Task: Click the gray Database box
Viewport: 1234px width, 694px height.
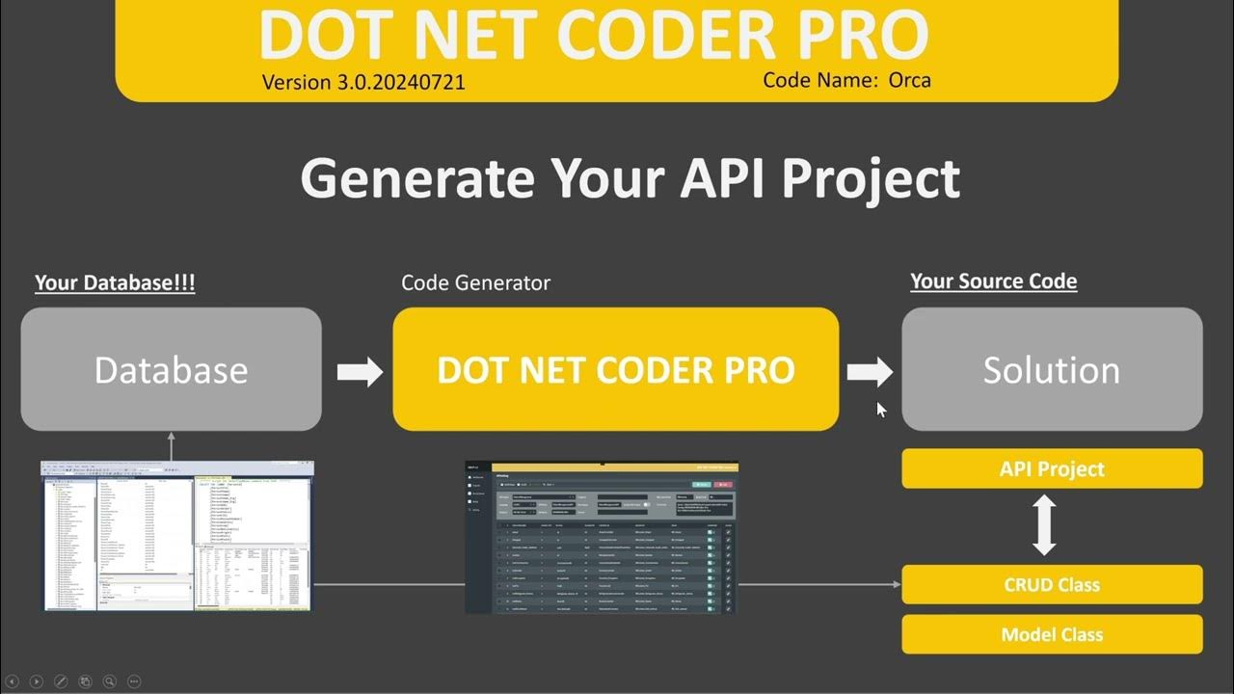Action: click(172, 369)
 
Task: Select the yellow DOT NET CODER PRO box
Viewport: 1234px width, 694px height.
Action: click(615, 369)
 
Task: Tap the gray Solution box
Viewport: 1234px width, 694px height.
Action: click(1052, 369)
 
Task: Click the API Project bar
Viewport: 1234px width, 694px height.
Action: click(1052, 469)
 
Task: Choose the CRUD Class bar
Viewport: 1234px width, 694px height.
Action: click(1052, 584)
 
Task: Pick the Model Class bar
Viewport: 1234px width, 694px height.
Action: click(1052, 634)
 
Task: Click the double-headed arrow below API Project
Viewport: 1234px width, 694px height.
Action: click(1044, 526)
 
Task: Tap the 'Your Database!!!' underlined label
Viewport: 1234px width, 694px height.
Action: click(115, 283)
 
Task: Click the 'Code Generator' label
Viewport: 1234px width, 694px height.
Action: click(475, 283)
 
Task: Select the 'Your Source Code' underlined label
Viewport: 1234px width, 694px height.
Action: click(993, 281)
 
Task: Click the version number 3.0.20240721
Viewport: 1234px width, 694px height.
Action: click(400, 82)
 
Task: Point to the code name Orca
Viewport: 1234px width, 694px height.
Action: click(910, 80)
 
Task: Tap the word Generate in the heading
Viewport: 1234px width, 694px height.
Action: click(416, 177)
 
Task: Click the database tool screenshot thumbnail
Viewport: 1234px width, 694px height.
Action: click(177, 536)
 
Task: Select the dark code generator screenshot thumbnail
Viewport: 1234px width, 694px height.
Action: click(602, 537)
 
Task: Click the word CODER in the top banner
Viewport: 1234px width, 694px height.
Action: click(675, 36)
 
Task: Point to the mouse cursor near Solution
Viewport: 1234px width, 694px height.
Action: click(881, 410)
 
